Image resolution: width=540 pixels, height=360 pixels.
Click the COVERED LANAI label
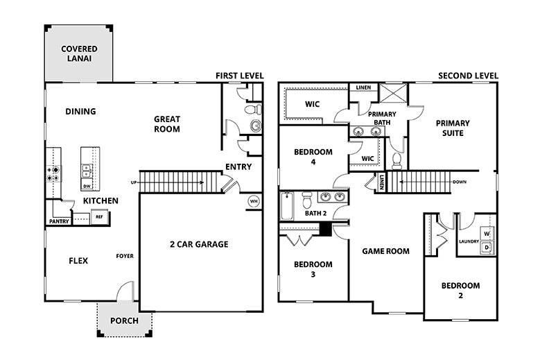[79, 54]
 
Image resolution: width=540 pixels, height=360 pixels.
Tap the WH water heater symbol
[254, 201]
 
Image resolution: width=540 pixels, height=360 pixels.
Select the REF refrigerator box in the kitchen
[99, 217]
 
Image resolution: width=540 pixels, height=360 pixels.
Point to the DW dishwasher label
[87, 187]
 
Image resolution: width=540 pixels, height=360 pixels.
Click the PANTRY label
[58, 222]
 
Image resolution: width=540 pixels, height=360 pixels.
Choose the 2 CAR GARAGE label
[198, 244]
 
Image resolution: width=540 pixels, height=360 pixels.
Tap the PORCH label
[124, 320]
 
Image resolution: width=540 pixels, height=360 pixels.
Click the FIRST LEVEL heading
[241, 76]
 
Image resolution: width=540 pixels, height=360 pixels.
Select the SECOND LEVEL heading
[469, 76]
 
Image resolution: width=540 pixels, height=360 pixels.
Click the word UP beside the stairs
[133, 182]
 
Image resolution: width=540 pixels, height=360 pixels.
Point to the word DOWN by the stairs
[459, 182]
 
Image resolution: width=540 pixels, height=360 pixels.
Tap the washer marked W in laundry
[486, 234]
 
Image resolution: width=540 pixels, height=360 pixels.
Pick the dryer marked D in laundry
[486, 247]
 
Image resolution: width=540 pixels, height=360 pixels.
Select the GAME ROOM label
[386, 251]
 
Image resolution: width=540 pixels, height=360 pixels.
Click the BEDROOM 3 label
[313, 269]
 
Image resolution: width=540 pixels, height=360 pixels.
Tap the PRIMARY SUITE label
[453, 128]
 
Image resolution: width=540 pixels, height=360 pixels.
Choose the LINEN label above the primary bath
[363, 88]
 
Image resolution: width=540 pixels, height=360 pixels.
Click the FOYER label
[125, 256]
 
